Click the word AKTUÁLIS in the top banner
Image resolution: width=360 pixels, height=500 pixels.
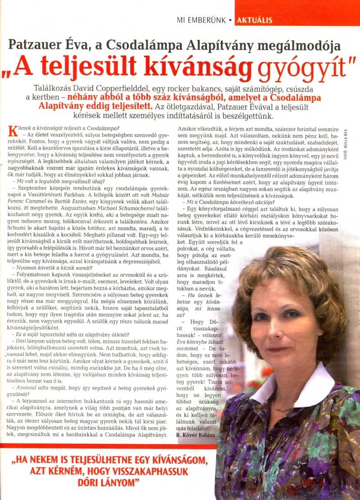click(x=254, y=20)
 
